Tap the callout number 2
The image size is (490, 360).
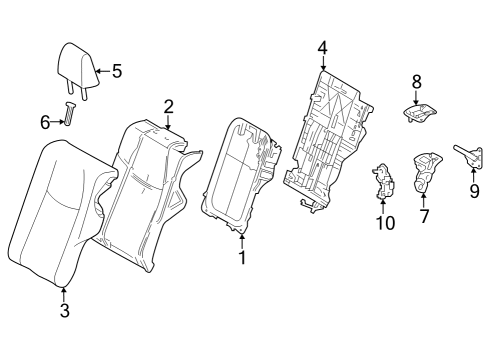168,106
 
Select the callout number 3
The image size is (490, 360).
63,312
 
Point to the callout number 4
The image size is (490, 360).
322,47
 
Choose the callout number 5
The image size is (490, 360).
116,71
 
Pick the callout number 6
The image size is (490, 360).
44,121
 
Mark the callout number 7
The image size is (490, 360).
424,215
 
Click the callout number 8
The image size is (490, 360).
417,80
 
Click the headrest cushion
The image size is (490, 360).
74,65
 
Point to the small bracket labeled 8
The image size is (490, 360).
420,114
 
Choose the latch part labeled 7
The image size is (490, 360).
425,170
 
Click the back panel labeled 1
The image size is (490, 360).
240,175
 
